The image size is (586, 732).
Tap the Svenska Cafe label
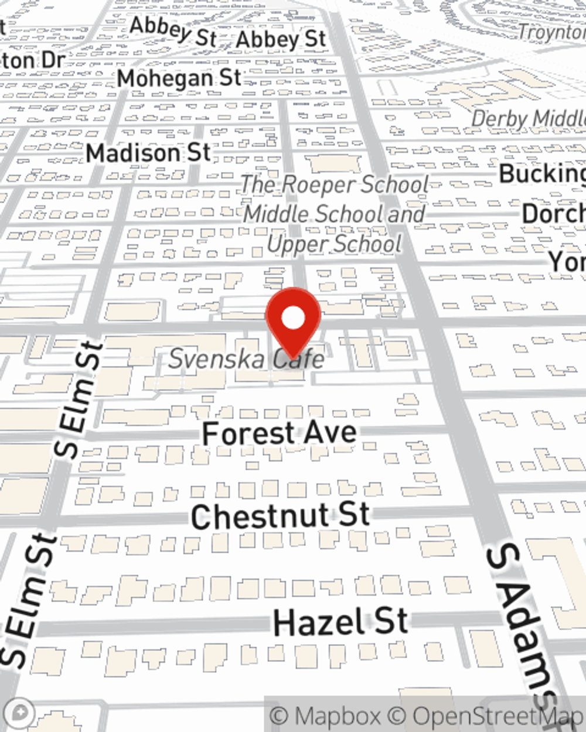(247, 358)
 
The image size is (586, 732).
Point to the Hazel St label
(340, 622)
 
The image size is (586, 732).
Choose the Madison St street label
(148, 153)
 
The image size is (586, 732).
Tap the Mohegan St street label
(179, 78)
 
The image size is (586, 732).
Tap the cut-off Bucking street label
(542, 174)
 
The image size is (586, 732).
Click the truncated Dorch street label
(553, 214)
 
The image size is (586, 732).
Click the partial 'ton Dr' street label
(32, 60)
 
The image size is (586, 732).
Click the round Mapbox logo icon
(20, 713)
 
